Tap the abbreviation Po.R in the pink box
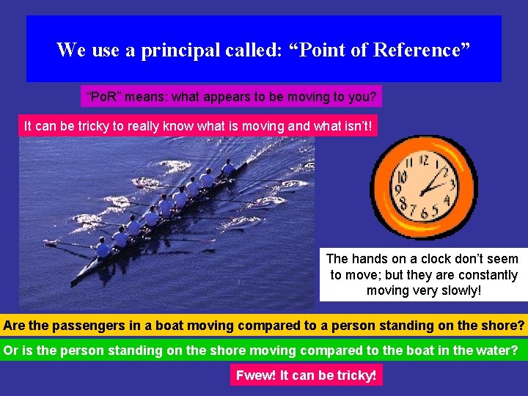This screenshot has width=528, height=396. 103,96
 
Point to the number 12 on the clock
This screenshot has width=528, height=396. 424,160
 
